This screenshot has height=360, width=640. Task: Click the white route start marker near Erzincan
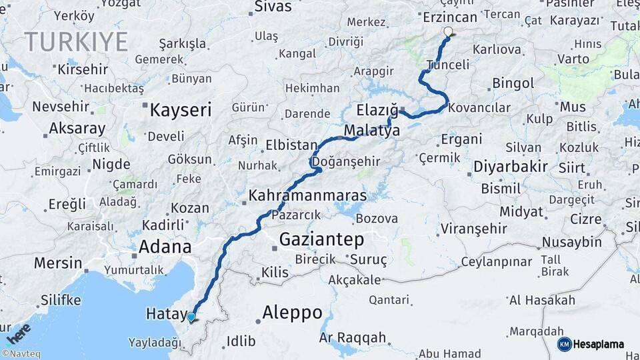point(448,31)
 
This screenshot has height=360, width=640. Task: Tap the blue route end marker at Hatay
point(191,317)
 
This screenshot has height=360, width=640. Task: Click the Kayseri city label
point(180,110)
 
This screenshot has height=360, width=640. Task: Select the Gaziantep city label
point(321,239)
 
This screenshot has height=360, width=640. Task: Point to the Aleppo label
point(292,312)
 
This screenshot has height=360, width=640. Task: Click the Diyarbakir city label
point(511,166)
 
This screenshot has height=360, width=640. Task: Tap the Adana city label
point(165,247)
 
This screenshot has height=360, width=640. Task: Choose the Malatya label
point(372,131)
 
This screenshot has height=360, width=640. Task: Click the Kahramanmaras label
point(307,196)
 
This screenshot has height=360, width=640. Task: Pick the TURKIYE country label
point(77,42)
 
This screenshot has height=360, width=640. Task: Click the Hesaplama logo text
point(599,344)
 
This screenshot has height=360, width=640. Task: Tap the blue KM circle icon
point(564,344)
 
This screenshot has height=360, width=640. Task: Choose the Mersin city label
point(58,263)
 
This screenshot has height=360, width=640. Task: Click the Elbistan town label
point(291,145)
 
